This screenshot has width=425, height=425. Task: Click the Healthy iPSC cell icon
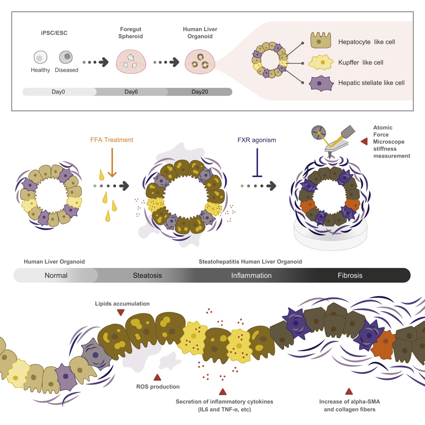pyautogui.click(x=40, y=58)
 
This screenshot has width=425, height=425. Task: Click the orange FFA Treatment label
pyautogui.click(x=112, y=140)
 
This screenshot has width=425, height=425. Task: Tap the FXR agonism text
pyautogui.click(x=257, y=139)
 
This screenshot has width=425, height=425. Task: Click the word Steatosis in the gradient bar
pyautogui.click(x=145, y=275)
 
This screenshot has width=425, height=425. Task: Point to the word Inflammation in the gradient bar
pyautogui.click(x=251, y=275)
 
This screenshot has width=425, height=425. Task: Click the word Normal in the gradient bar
pyautogui.click(x=56, y=275)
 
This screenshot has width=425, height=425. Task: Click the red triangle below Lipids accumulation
pyautogui.click(x=121, y=313)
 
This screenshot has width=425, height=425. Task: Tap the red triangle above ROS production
pyautogui.click(x=157, y=377)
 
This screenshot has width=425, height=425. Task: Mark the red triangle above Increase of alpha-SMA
pyautogui.click(x=349, y=391)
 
